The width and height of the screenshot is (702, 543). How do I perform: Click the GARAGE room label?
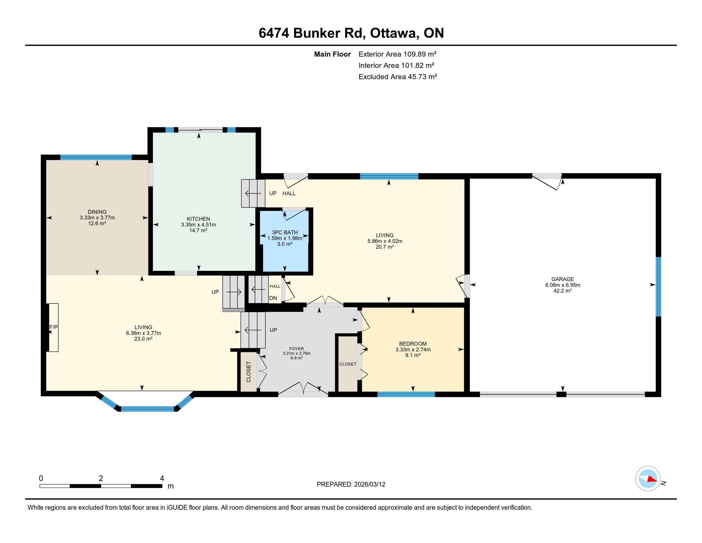[x=563, y=279]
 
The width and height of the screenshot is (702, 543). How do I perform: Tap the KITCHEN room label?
[x=198, y=219]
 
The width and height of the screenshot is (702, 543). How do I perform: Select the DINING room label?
[x=97, y=212]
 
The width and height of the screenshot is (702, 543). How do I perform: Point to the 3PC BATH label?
[x=285, y=232]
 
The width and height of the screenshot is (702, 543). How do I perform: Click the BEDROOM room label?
[x=413, y=344]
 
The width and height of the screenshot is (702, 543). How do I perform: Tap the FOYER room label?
[x=296, y=349]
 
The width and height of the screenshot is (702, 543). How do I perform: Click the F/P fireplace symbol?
[x=53, y=327]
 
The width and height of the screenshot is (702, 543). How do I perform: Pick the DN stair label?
[x=273, y=298]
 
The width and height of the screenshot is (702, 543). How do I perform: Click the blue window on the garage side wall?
[x=658, y=287]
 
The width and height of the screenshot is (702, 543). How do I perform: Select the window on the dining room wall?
[x=96, y=157]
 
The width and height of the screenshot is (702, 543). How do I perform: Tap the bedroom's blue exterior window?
[x=406, y=394]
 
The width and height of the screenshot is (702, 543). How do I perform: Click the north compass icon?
[x=648, y=479]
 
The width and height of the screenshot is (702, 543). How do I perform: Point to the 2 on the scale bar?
[x=101, y=478]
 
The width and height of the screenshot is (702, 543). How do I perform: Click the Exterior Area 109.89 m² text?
[x=397, y=54]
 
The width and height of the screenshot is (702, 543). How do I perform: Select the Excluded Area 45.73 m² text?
[x=398, y=77]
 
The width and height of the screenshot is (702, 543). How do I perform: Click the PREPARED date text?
[x=351, y=485]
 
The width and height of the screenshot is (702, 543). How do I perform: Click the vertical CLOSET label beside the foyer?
[x=249, y=372]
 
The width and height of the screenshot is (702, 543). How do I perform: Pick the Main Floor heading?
[x=332, y=54]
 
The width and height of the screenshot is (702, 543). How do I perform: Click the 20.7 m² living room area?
[x=385, y=247]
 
